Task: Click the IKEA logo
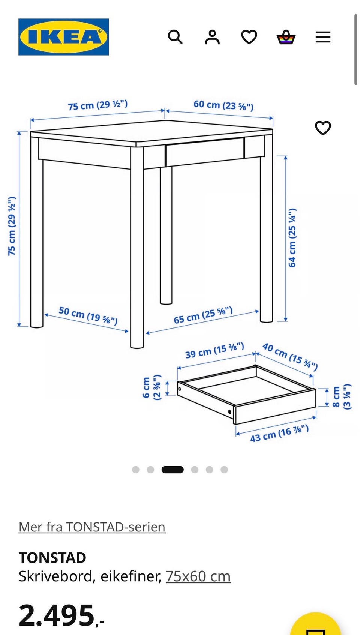[63, 37]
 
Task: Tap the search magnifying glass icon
[175, 37]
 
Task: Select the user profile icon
[212, 37]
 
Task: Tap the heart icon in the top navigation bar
[249, 37]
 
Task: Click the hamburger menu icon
[323, 37]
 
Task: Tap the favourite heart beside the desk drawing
[323, 128]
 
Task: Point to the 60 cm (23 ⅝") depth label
[223, 105]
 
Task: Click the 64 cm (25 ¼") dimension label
[292, 237]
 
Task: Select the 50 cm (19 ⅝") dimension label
[88, 315]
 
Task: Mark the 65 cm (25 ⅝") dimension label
[203, 315]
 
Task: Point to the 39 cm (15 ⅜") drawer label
[214, 350]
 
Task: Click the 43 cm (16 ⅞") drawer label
[279, 434]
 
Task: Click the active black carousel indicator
[172, 470]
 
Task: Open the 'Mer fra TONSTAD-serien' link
[92, 527]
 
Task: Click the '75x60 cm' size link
[198, 576]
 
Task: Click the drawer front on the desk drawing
[205, 152]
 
